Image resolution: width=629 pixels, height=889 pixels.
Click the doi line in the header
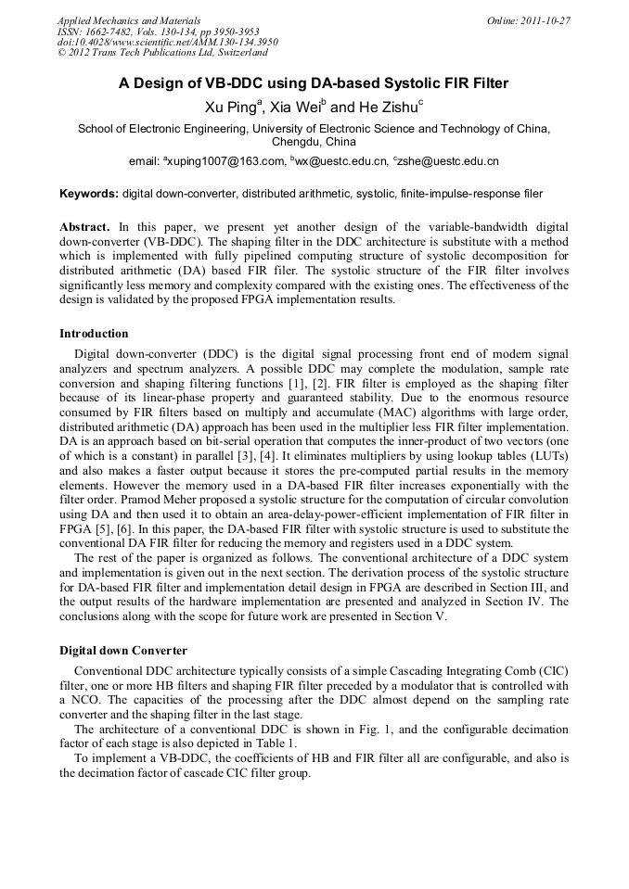point(167,42)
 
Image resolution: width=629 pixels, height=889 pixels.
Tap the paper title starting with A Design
point(314,83)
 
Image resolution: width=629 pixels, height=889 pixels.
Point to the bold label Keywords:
point(89,194)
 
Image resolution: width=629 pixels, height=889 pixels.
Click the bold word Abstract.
point(84,227)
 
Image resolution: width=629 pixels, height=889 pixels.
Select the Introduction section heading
point(94,334)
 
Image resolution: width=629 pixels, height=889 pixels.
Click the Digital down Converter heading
point(123,651)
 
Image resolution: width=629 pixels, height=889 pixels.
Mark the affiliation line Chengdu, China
point(314,142)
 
